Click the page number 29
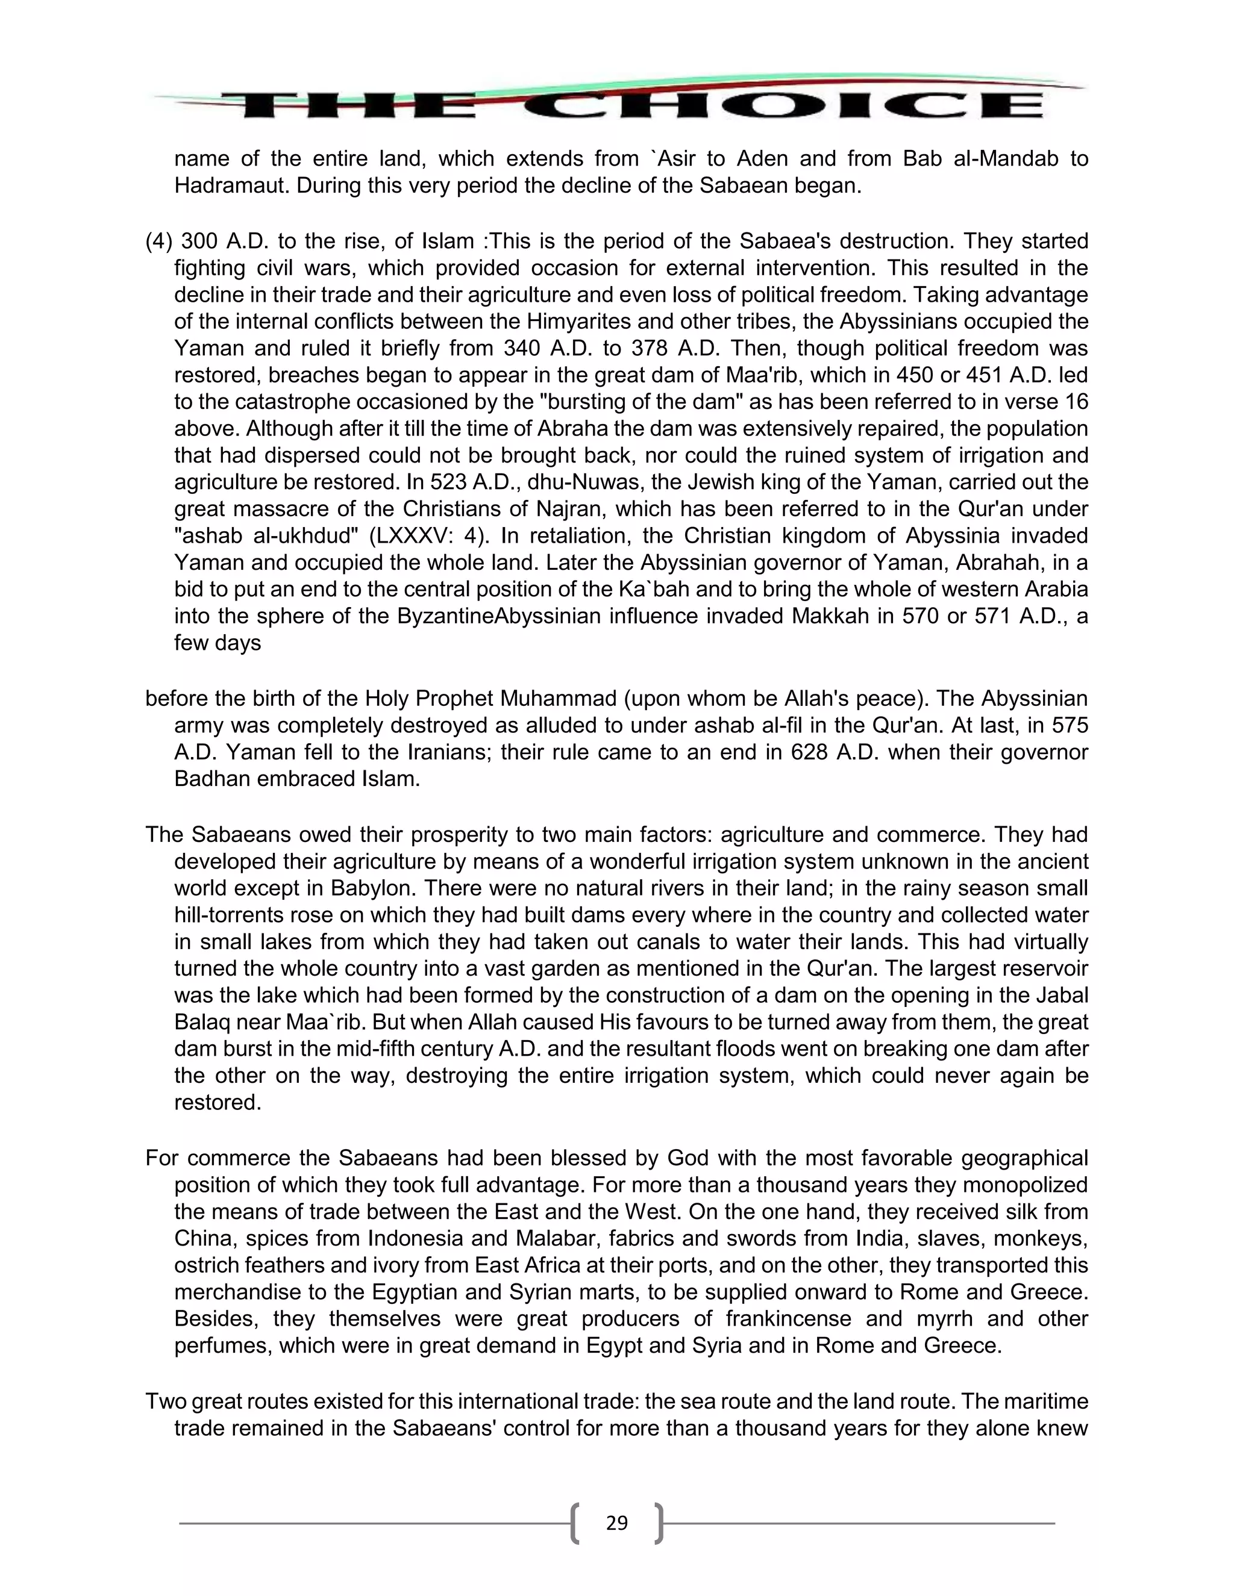pos(616,1523)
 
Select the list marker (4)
pos(159,241)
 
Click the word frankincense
pos(788,1319)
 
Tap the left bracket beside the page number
pos(575,1524)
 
